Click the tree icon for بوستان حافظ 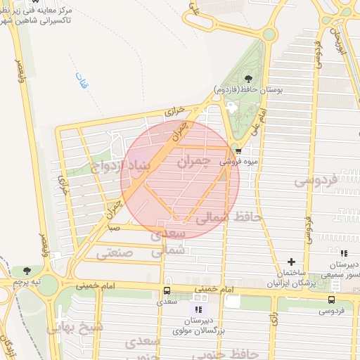[x=247, y=79]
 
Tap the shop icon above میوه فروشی [x=238, y=150]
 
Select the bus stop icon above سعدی [x=167, y=290]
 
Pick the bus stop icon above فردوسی [x=330, y=299]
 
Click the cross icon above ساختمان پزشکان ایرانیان [x=291, y=262]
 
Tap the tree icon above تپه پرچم [x=27, y=271]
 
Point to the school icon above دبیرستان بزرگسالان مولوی [x=198, y=309]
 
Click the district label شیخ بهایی [x=75, y=327]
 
